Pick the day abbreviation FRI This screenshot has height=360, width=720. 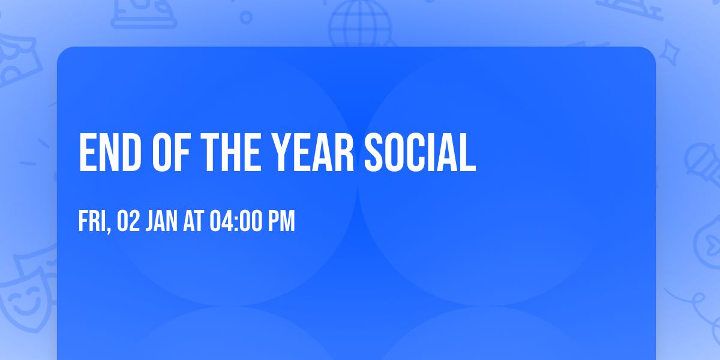pyautogui.click(x=91, y=221)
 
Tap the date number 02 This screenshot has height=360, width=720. pyautogui.click(x=129, y=221)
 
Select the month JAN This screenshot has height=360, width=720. pyautogui.click(x=163, y=221)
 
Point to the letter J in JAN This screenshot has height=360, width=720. pyautogui.click(x=151, y=221)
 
